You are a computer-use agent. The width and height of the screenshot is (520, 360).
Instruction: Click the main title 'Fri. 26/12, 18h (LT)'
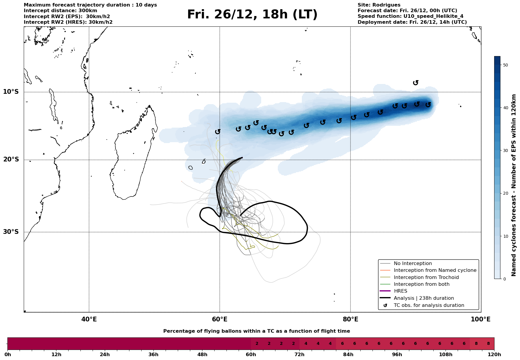(x=252, y=15)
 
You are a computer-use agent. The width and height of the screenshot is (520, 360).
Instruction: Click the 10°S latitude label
(x=11, y=92)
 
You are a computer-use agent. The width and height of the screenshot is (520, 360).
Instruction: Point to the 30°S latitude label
(x=11, y=232)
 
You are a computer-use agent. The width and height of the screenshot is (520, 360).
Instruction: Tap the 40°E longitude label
(x=89, y=319)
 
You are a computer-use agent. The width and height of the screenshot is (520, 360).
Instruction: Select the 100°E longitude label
(x=481, y=319)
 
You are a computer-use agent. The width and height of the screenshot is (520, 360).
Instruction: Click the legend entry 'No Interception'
(x=413, y=264)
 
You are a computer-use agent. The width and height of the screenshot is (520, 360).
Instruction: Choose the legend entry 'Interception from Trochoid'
(x=426, y=277)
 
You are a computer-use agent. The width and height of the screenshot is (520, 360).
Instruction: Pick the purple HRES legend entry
(x=400, y=291)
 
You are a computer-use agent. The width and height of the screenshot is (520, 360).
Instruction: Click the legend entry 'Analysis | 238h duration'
(x=424, y=298)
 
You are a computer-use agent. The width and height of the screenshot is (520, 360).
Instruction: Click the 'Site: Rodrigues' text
(x=379, y=5)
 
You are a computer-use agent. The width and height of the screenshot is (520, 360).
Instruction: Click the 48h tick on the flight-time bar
(x=202, y=355)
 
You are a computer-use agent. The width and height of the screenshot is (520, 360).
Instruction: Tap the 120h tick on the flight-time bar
(x=494, y=355)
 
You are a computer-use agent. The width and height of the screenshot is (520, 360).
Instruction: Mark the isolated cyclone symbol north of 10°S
(x=416, y=83)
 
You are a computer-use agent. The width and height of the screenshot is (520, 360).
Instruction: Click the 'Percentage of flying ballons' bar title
(x=256, y=331)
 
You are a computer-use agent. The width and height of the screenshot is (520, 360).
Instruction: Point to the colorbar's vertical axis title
(x=514, y=185)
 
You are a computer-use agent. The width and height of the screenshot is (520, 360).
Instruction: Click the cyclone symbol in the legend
(x=385, y=305)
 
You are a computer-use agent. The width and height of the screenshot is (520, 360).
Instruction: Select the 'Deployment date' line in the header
(x=412, y=22)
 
